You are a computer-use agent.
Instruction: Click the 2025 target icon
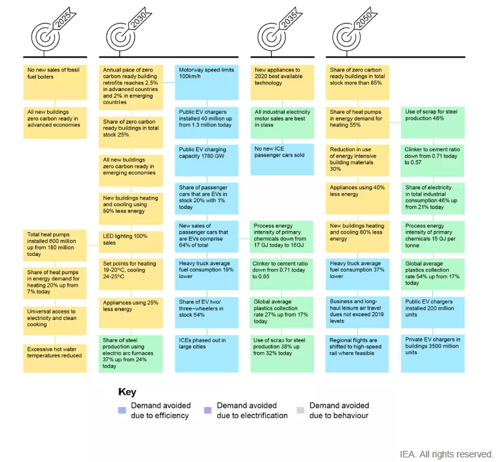[45, 37]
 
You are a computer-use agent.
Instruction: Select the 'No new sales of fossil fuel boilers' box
[55, 82]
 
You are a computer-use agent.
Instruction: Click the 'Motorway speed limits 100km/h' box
[206, 82]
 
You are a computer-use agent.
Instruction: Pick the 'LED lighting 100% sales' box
[131, 242]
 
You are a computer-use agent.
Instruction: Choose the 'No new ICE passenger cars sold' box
[282, 160]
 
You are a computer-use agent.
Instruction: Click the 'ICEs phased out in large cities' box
[206, 354]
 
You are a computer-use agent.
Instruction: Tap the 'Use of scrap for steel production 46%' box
[433, 122]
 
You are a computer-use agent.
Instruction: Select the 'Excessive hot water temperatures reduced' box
[54, 358]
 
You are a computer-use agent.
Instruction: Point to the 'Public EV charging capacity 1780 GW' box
[206, 160]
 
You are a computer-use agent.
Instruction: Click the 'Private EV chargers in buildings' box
[433, 354]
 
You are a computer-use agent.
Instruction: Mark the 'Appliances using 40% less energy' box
[357, 198]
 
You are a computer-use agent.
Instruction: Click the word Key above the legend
[127, 392]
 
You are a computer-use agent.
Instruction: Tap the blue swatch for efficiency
[122, 410]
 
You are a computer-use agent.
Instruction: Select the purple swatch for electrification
[207, 410]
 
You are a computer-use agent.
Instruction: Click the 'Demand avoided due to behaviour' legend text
[339, 410]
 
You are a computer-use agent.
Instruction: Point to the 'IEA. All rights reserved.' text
[446, 454]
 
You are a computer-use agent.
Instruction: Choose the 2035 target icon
[272, 37]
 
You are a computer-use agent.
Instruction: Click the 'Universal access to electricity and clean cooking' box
[54, 321]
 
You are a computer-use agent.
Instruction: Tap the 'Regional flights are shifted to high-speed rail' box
[357, 354]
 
